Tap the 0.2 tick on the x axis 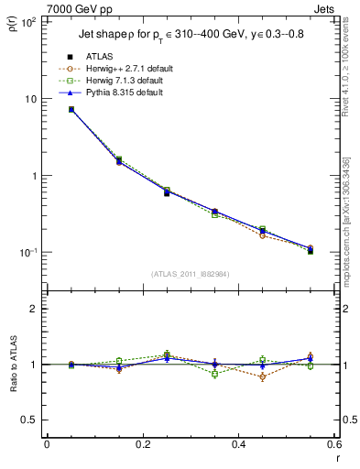coord(142,445)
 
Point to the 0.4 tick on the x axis coord(238,445)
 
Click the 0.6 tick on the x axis coord(333,445)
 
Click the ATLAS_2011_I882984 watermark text coord(191,274)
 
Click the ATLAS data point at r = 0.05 coord(71,110)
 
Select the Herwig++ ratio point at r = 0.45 coord(262,376)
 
